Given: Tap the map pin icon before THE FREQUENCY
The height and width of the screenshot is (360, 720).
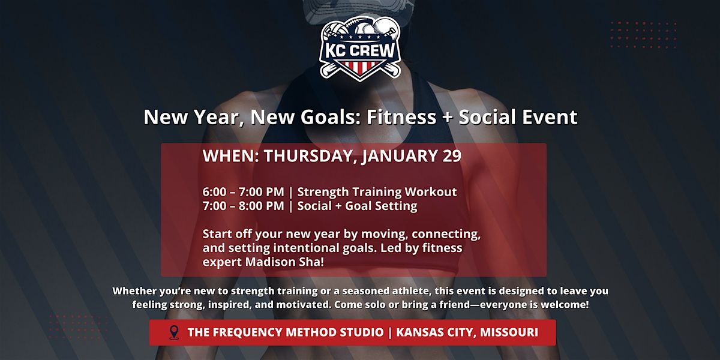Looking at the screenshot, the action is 174,332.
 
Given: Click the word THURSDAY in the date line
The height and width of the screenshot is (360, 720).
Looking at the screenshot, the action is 308,156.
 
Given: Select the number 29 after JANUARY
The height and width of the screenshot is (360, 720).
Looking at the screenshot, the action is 452,156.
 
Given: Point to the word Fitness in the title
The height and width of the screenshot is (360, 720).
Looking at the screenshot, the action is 401,116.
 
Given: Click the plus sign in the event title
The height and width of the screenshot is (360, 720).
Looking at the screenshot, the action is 448,118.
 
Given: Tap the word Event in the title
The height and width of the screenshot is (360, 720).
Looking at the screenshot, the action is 550,116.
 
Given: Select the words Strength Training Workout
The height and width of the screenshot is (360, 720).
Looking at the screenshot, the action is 377,192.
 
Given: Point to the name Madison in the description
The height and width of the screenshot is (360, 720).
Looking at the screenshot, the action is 271,262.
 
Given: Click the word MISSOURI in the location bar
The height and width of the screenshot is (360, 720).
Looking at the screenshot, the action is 509,332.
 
